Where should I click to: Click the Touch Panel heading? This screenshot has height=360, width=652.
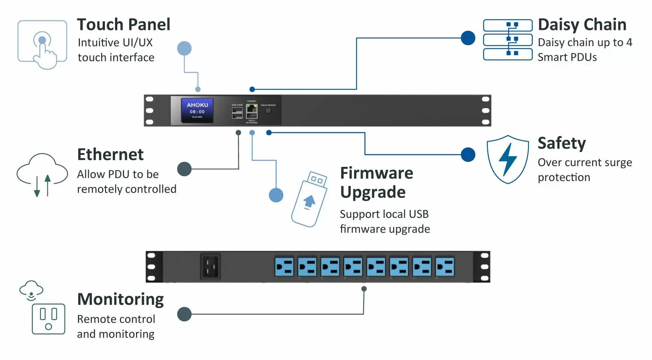click(124, 25)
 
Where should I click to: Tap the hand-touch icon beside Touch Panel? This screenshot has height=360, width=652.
click(42, 45)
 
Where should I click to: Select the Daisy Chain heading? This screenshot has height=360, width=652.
click(582, 25)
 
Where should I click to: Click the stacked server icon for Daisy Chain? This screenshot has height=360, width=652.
click(508, 40)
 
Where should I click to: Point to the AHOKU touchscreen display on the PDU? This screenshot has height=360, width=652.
click(197, 110)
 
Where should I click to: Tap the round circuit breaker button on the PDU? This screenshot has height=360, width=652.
click(268, 111)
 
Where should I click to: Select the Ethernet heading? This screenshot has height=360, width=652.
click(110, 154)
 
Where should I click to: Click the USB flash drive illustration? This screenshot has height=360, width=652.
click(310, 199)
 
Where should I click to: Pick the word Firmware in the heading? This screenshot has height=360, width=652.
click(377, 173)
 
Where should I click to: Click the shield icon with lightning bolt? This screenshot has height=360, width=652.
click(508, 159)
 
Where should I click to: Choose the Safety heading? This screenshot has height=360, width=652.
click(561, 143)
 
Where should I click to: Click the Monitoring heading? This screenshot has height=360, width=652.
click(120, 299)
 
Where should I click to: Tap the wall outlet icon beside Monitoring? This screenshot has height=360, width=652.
click(48, 319)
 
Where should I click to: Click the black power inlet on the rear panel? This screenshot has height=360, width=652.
click(210, 266)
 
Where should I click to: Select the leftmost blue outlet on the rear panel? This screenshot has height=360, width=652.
click(284, 267)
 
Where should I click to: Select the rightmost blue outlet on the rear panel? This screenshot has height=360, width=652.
click(445, 267)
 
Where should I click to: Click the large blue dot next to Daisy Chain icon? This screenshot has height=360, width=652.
click(468, 38)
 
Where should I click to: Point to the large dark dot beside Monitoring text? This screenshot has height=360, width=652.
click(184, 314)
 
